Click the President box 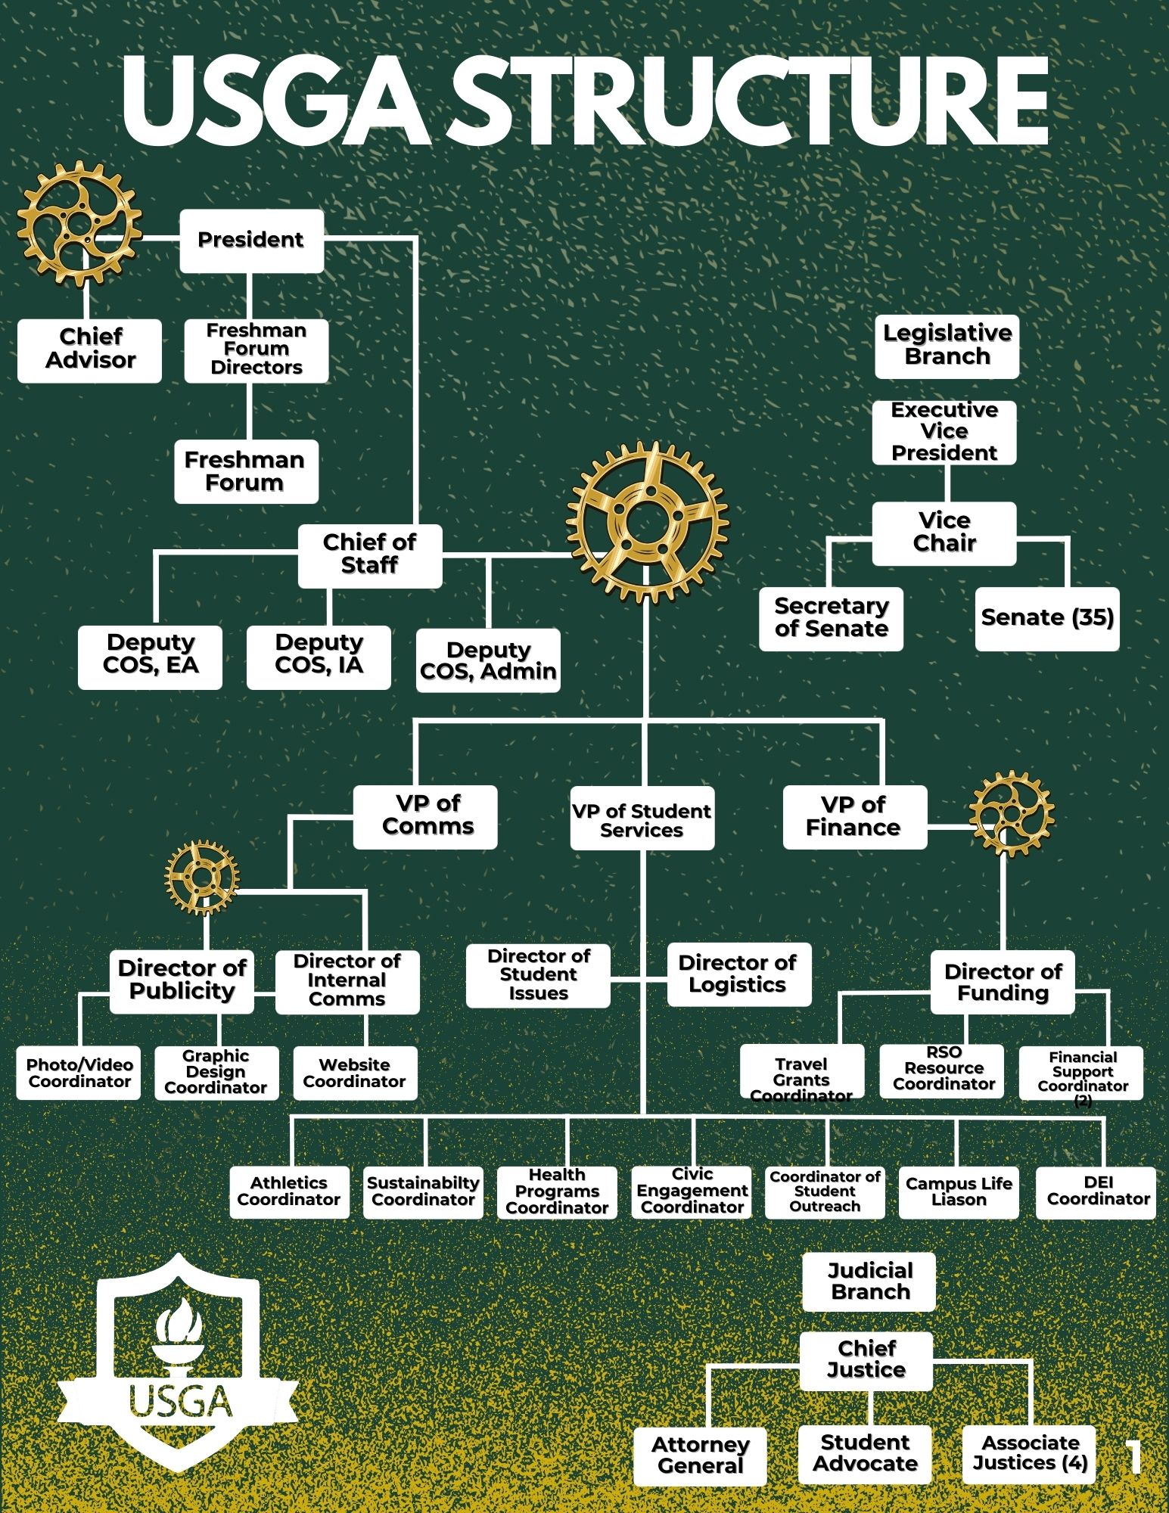tap(251, 241)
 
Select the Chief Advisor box tap(89, 350)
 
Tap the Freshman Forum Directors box tap(256, 350)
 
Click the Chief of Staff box tap(369, 555)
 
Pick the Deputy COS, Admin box tap(488, 660)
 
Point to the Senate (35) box tap(1047, 618)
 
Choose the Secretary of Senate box tap(831, 618)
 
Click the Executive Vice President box tap(944, 432)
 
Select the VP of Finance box tap(854, 817)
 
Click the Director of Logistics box tap(738, 974)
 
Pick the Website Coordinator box tap(354, 1073)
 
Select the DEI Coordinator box tap(1097, 1193)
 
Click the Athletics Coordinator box tap(289, 1193)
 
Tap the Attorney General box tap(700, 1456)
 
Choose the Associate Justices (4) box tap(1030, 1453)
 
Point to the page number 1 tap(1133, 1456)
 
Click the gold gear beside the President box tap(79, 224)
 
